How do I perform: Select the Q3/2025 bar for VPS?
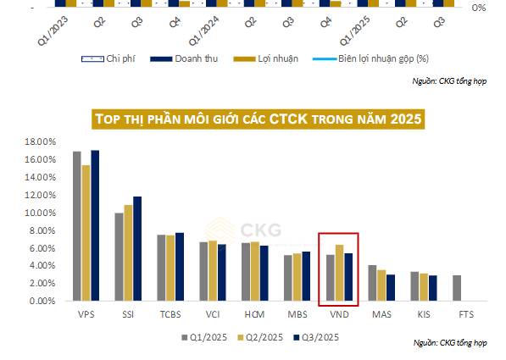95,225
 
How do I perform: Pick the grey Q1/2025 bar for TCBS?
161,268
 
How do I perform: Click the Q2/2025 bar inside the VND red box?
338,273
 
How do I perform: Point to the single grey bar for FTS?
456,288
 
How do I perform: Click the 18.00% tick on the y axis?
39,141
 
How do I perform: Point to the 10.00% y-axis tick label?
39,213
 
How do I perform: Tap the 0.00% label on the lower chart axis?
42,301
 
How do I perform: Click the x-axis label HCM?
253,315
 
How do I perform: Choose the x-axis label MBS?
296,315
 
